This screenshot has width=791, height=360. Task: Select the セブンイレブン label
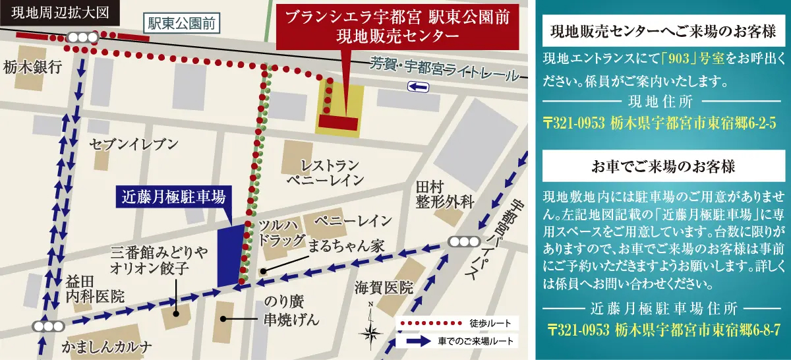(134, 145)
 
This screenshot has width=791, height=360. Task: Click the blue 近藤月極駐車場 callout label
(174, 196)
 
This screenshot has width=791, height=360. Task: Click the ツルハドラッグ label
(281, 233)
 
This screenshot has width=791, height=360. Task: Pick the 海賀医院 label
(383, 287)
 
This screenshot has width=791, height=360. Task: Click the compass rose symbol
(371, 331)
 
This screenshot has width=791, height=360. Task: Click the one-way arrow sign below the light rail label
(418, 87)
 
